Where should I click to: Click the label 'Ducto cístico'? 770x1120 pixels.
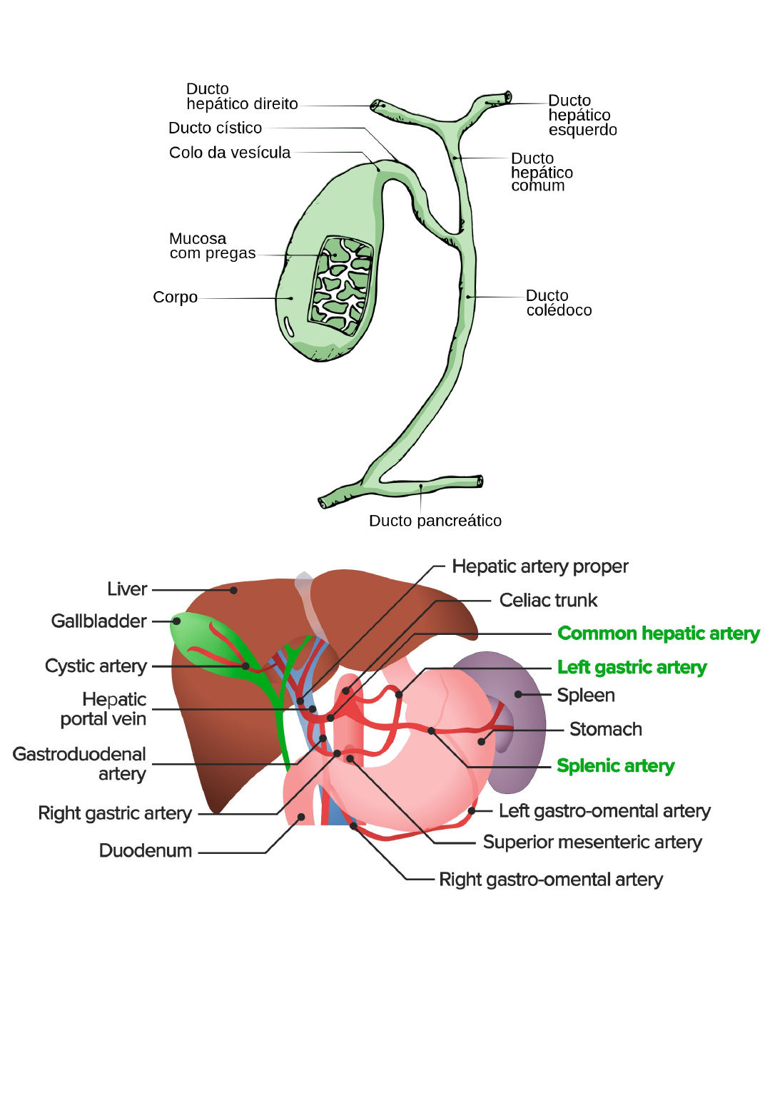pyautogui.click(x=215, y=128)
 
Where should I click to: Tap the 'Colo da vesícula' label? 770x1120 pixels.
pyautogui.click(x=229, y=153)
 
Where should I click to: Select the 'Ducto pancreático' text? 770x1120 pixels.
pyautogui.click(x=435, y=521)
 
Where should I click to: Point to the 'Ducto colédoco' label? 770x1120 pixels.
pyautogui.click(x=559, y=303)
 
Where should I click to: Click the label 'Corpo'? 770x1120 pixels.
pyautogui.click(x=175, y=297)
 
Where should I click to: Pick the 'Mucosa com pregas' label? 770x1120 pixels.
pyautogui.click(x=212, y=246)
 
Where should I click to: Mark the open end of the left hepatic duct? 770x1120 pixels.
pyautogui.click(x=508, y=96)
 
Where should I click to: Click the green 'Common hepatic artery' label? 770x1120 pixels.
pyautogui.click(x=658, y=633)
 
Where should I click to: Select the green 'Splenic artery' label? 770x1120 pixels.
pyautogui.click(x=615, y=766)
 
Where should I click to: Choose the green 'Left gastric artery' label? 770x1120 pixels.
pyautogui.click(x=632, y=668)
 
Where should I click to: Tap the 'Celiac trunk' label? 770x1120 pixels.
pyautogui.click(x=548, y=601)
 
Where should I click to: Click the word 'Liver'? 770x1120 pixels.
pyautogui.click(x=127, y=589)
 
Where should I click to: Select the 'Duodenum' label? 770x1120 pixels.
pyautogui.click(x=146, y=851)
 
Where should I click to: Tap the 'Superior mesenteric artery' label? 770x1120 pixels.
pyautogui.click(x=592, y=842)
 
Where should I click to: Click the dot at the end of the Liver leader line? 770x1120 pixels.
pyautogui.click(x=233, y=591)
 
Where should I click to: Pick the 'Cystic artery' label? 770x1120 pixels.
pyautogui.click(x=96, y=666)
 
